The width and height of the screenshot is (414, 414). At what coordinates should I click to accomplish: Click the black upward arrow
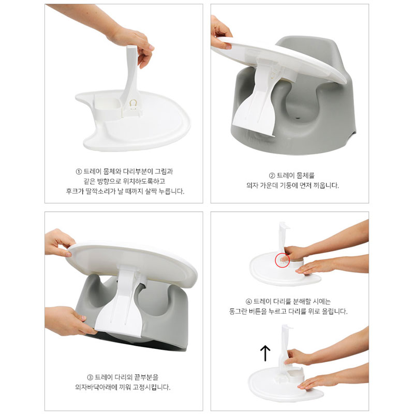coord(265,353)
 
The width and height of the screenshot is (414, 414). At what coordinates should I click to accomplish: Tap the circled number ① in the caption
coord(79,172)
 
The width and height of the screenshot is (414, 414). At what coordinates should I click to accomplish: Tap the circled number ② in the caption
coord(272,176)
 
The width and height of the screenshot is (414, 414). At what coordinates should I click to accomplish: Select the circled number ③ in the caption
coord(90,377)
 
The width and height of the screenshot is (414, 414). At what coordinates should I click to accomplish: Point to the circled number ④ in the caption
coord(249,302)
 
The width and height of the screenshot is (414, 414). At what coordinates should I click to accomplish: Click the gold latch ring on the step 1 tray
coord(134,103)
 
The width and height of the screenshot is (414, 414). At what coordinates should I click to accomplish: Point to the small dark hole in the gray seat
coord(299,119)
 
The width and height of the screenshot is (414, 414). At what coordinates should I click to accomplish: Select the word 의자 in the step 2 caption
coord(252,185)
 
